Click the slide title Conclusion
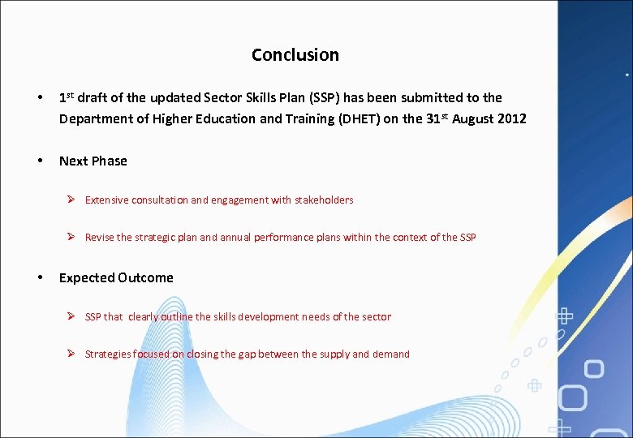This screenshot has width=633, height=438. click(295, 55)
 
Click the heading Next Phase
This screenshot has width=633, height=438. click(93, 161)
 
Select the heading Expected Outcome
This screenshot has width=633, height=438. click(116, 277)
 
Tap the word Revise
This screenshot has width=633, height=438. click(100, 238)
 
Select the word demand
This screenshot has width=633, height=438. click(391, 354)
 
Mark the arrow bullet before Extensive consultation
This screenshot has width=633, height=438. click(71, 200)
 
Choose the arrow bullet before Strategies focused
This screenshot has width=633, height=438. click(71, 354)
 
